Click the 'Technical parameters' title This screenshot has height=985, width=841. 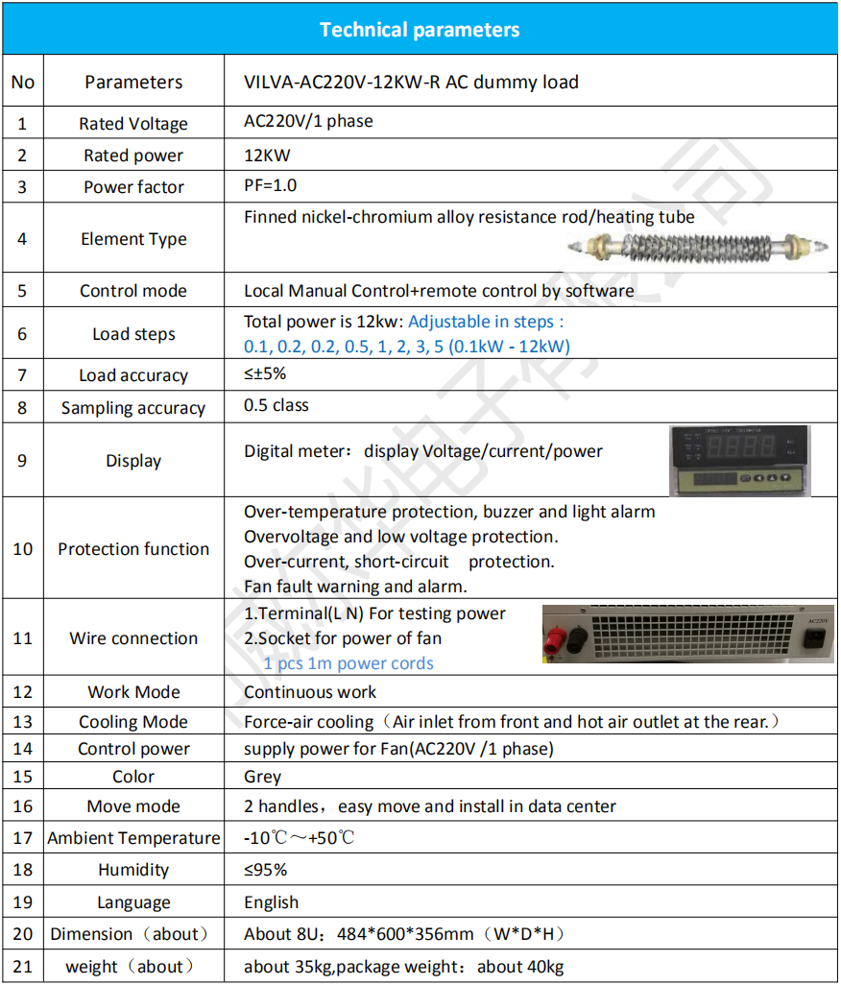pyautogui.click(x=420, y=30)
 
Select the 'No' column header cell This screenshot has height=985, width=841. pyautogui.click(x=23, y=82)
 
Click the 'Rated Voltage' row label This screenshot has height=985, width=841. pyautogui.click(x=133, y=124)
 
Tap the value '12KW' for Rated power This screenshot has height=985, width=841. pyautogui.click(x=267, y=155)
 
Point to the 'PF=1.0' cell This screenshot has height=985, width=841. pyautogui.click(x=271, y=185)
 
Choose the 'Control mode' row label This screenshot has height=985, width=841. pyautogui.click(x=133, y=291)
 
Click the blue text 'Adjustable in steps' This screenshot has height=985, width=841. pyautogui.click(x=487, y=322)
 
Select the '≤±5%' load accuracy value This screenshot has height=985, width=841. pyautogui.click(x=265, y=373)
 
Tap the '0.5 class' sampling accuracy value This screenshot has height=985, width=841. pyautogui.click(x=276, y=405)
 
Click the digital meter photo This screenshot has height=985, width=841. pyautogui.click(x=739, y=461)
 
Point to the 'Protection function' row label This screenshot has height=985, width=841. pyautogui.click(x=133, y=549)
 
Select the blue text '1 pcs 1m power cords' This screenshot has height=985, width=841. pyautogui.click(x=348, y=663)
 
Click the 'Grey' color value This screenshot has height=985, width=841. pyautogui.click(x=263, y=777)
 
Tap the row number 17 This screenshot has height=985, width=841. pyautogui.click(x=23, y=838)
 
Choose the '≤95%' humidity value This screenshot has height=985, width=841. pyautogui.click(x=266, y=870)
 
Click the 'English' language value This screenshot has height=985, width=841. pyautogui.click(x=272, y=902)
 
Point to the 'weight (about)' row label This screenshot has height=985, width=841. pyautogui.click(x=131, y=967)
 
